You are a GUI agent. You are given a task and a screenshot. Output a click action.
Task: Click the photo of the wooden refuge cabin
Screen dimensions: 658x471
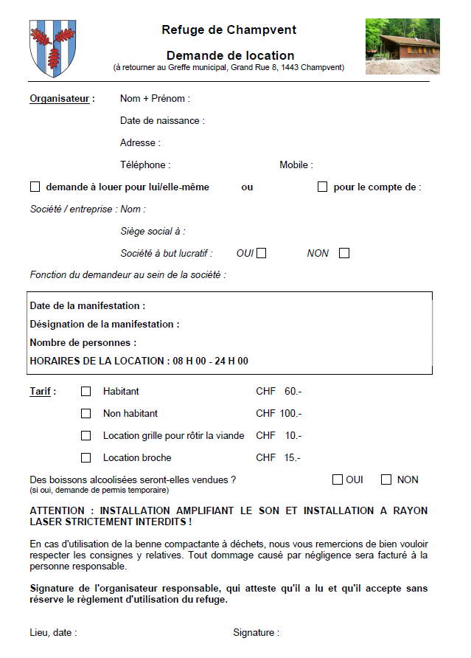(402, 46)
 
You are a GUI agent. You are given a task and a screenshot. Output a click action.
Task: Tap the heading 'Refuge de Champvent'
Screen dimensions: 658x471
(229, 30)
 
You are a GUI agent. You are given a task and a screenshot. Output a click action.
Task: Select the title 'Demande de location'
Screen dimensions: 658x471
(230, 55)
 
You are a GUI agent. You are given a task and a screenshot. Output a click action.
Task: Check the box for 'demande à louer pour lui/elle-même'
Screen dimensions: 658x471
(35, 187)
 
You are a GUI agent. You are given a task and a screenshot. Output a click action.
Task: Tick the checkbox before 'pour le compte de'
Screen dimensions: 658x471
(322, 187)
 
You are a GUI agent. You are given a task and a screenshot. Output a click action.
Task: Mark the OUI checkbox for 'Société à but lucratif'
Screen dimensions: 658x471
(261, 254)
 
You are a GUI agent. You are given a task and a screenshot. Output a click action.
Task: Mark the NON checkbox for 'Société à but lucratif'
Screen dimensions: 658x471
(344, 254)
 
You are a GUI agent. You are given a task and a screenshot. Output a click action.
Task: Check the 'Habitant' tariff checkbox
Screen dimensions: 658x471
(86, 392)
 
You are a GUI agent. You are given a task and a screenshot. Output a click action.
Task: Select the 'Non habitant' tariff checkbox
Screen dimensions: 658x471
(86, 414)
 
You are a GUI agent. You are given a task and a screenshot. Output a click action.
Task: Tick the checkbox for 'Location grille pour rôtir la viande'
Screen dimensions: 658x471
(86, 436)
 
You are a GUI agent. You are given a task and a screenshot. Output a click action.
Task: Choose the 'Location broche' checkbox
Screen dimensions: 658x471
(86, 458)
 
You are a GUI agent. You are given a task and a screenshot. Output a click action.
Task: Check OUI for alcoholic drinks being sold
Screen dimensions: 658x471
(338, 480)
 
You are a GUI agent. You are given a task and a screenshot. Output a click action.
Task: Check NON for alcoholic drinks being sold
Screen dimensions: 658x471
(386, 480)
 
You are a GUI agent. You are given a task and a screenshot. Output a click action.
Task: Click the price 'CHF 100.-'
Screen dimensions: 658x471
(279, 414)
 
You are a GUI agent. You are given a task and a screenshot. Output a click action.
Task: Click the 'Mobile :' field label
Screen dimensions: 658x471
(296, 165)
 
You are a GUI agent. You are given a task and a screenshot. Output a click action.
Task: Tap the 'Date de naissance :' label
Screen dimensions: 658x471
(162, 121)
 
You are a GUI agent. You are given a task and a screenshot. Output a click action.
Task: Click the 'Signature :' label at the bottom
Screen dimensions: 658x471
(256, 633)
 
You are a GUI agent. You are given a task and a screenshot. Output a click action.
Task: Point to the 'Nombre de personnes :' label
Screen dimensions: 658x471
(83, 343)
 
